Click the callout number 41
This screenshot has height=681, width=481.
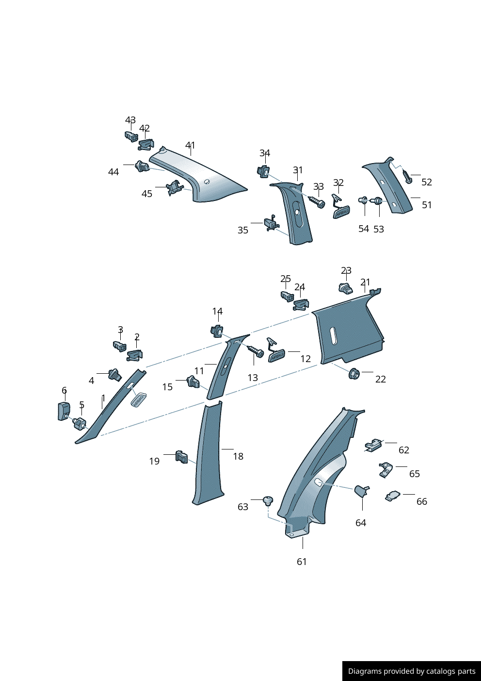click(x=190, y=145)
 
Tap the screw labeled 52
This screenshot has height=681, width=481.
click(x=407, y=177)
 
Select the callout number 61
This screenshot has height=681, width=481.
click(x=302, y=562)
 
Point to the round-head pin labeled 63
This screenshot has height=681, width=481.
click(x=268, y=500)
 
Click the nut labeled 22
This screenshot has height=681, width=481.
click(x=353, y=374)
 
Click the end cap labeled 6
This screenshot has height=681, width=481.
click(x=64, y=411)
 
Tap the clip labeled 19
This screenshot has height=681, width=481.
click(x=181, y=456)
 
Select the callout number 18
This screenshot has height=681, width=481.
click(x=238, y=456)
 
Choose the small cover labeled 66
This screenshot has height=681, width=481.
click(x=393, y=496)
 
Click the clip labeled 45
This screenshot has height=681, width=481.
click(x=174, y=187)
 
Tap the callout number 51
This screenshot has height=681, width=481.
click(x=427, y=205)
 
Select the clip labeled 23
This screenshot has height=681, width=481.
click(x=345, y=288)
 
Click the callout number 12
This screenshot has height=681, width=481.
click(x=305, y=359)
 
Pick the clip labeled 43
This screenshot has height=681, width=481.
click(x=131, y=136)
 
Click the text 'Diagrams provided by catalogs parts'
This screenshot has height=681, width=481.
click(x=412, y=671)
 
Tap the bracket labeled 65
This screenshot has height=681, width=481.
click(x=385, y=469)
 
